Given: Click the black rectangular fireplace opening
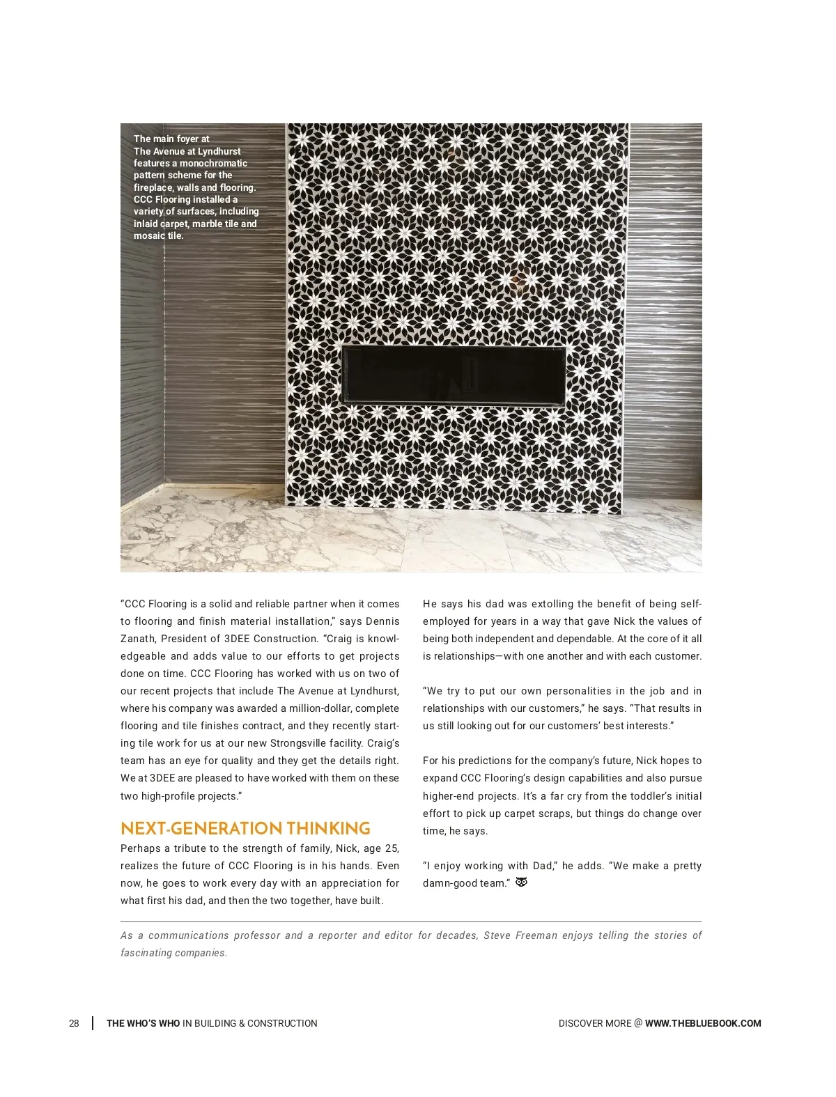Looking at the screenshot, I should (454, 374).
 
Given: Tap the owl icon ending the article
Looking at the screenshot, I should (521, 882).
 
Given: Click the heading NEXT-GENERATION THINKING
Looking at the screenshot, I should (245, 828).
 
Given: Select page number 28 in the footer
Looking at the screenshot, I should (74, 1023).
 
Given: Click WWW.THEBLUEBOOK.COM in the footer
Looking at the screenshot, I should (703, 1023).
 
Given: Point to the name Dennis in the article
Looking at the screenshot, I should (382, 621).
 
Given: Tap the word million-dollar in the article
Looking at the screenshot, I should (312, 708).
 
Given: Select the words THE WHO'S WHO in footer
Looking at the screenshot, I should (143, 1023).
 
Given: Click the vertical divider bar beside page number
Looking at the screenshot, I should (93, 1023).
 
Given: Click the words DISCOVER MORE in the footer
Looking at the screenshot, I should (594, 1023).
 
